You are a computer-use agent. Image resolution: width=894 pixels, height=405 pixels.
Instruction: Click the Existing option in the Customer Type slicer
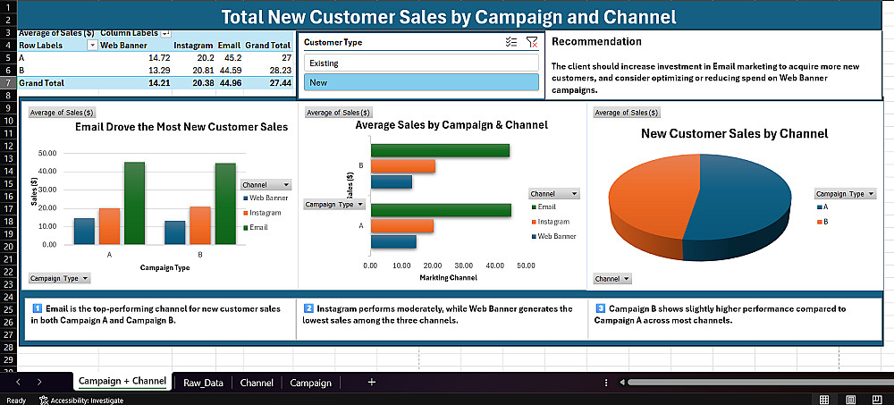point(421,63)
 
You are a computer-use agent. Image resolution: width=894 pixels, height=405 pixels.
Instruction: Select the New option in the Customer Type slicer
point(421,82)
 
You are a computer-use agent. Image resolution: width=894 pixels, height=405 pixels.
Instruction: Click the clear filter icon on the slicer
point(533,42)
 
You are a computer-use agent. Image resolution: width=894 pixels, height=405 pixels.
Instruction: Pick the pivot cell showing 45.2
point(230,57)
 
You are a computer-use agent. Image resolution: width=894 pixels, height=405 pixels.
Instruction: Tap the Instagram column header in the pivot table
point(193,45)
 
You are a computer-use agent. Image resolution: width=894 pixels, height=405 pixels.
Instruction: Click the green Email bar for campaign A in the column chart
point(134,202)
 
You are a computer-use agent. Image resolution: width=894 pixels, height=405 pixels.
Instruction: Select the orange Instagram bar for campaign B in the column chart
point(200,224)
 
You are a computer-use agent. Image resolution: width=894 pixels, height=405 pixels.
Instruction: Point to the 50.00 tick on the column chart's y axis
point(48,154)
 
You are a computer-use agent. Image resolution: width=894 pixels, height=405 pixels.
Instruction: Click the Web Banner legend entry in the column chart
point(268,198)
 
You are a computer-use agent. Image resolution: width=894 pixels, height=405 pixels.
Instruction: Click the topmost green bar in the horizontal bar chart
point(440,150)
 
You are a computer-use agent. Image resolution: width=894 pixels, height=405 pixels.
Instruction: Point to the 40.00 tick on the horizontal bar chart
point(494,266)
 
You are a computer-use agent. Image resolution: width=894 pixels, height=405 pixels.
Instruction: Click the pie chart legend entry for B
point(825,222)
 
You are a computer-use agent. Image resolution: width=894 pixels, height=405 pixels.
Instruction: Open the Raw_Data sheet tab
point(203,383)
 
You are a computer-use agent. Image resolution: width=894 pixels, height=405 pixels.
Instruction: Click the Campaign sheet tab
point(310,383)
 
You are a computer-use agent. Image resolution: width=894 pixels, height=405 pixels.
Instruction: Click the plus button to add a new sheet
point(372,383)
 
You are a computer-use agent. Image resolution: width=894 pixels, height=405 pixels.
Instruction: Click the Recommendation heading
point(596,41)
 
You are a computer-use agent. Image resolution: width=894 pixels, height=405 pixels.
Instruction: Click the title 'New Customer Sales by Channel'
point(734,133)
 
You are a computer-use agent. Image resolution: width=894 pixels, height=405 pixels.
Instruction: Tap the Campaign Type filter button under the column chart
point(60,278)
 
